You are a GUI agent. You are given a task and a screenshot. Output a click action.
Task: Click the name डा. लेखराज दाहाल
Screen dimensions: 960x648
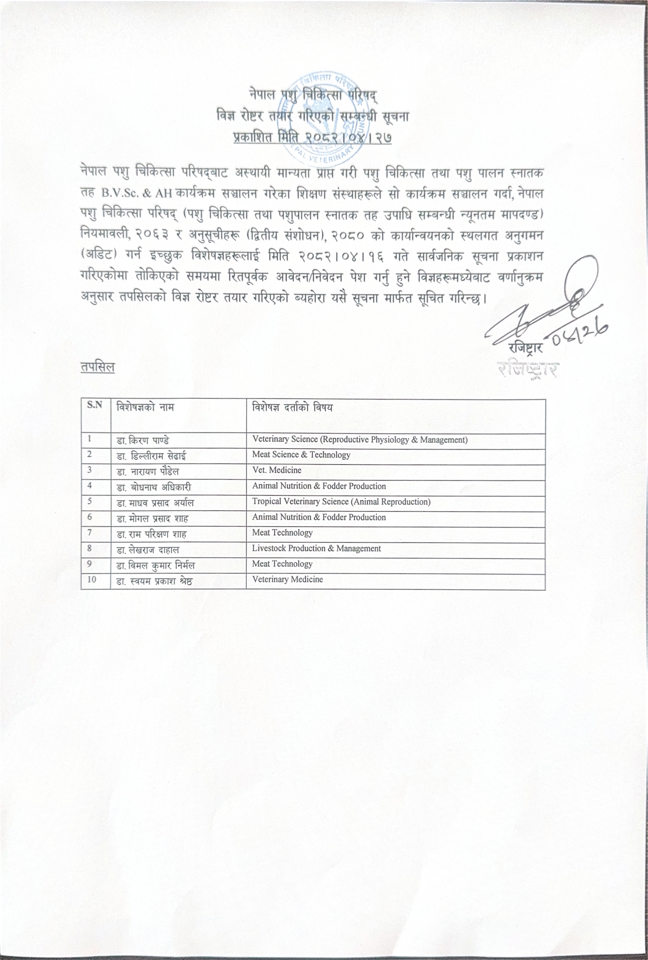tap(148, 550)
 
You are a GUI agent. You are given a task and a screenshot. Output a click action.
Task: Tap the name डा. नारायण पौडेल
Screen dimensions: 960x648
tap(148, 472)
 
